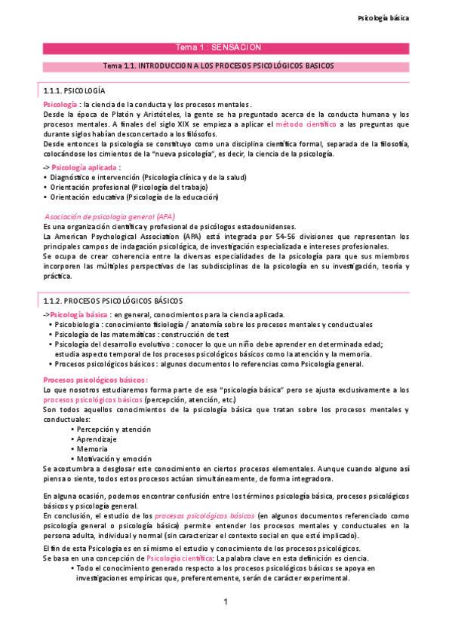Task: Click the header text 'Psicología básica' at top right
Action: coord(383,17)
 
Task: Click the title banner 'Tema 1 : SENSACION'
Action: coord(218,47)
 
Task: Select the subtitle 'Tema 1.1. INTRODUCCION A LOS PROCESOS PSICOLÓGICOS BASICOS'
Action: coord(218,66)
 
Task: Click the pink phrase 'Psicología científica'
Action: coord(180,558)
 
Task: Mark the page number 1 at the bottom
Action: coord(225,603)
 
